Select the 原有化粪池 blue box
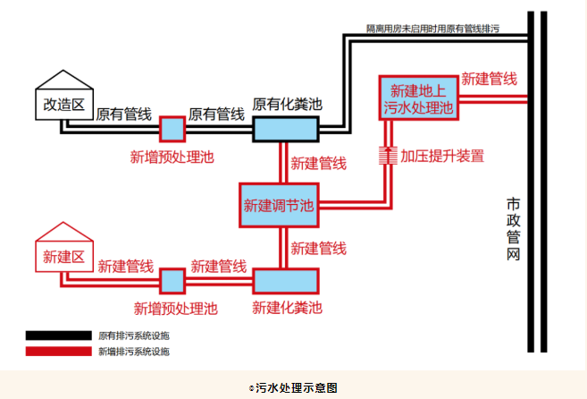tap(286, 129)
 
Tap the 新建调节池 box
tap(279, 205)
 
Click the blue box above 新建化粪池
tap(286, 281)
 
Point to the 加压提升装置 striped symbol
tap(386, 156)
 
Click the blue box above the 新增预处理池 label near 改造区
tap(172, 129)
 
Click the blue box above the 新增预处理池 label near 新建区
tap(172, 281)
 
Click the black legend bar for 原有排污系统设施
tap(57, 335)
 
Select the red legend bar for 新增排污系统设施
tap(57, 352)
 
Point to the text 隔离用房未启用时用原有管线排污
tap(432, 30)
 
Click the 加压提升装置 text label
tap(442, 156)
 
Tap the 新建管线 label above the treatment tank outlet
tap(489, 79)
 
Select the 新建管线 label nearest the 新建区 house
tap(125, 266)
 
